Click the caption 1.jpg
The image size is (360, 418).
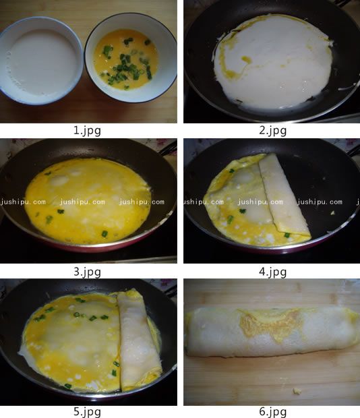click(87, 131)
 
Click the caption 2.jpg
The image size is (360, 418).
click(272, 131)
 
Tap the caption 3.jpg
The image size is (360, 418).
click(87, 272)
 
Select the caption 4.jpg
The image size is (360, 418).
click(272, 272)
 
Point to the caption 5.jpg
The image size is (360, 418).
click(87, 412)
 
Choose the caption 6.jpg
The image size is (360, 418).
click(272, 412)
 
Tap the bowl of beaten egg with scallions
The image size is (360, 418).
click(131, 57)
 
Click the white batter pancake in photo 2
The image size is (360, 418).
click(273, 61)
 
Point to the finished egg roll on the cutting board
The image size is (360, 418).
click(272, 332)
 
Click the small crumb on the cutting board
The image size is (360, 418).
click(297, 391)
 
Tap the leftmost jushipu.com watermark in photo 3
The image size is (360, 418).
click(23, 202)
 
